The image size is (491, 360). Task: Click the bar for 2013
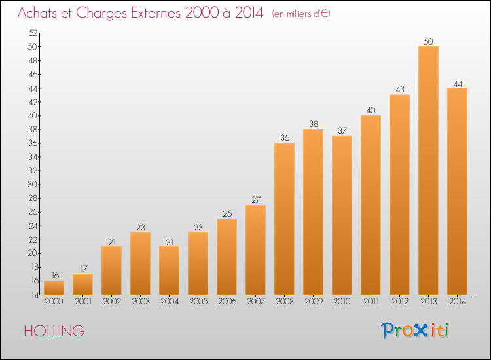point(428,171)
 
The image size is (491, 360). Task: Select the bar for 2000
point(54,288)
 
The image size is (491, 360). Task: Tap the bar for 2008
point(284,219)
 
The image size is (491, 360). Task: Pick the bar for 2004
point(169,270)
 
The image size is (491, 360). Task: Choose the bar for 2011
point(371,205)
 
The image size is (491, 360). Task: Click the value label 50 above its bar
point(428,41)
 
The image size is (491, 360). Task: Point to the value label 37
point(342,130)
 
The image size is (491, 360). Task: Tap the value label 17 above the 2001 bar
point(84,268)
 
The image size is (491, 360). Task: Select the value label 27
point(256,200)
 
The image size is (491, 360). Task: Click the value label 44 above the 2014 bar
point(458,84)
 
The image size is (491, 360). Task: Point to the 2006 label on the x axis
point(227,301)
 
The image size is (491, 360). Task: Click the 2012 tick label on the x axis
point(400,301)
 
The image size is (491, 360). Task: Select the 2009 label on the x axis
point(314,301)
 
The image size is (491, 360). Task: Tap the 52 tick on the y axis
point(33,33)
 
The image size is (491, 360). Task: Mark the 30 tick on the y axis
point(33,184)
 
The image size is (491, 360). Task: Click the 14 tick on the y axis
point(34,295)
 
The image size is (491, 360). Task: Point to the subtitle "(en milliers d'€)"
point(301,14)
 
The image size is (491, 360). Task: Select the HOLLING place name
point(54,331)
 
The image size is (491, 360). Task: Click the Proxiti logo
point(415,331)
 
